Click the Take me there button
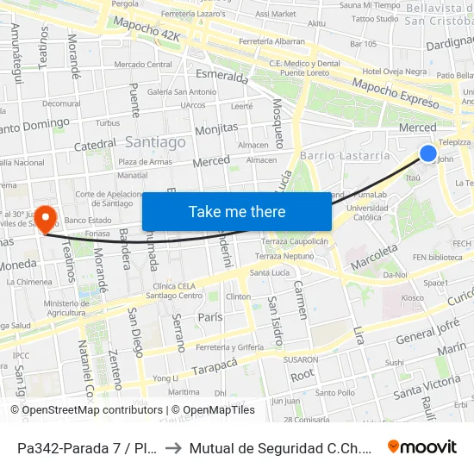coord(237,211)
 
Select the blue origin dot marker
coord(428,153)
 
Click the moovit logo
coord(422,446)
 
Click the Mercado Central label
coord(143,64)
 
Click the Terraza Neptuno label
coord(285,256)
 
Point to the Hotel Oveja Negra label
coord(395,72)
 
